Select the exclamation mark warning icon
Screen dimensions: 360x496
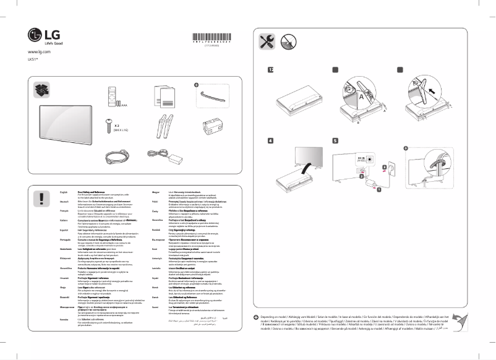(41, 198)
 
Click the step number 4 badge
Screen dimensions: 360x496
(270, 141)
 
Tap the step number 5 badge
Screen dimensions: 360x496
(335, 141)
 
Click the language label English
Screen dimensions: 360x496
(54, 193)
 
